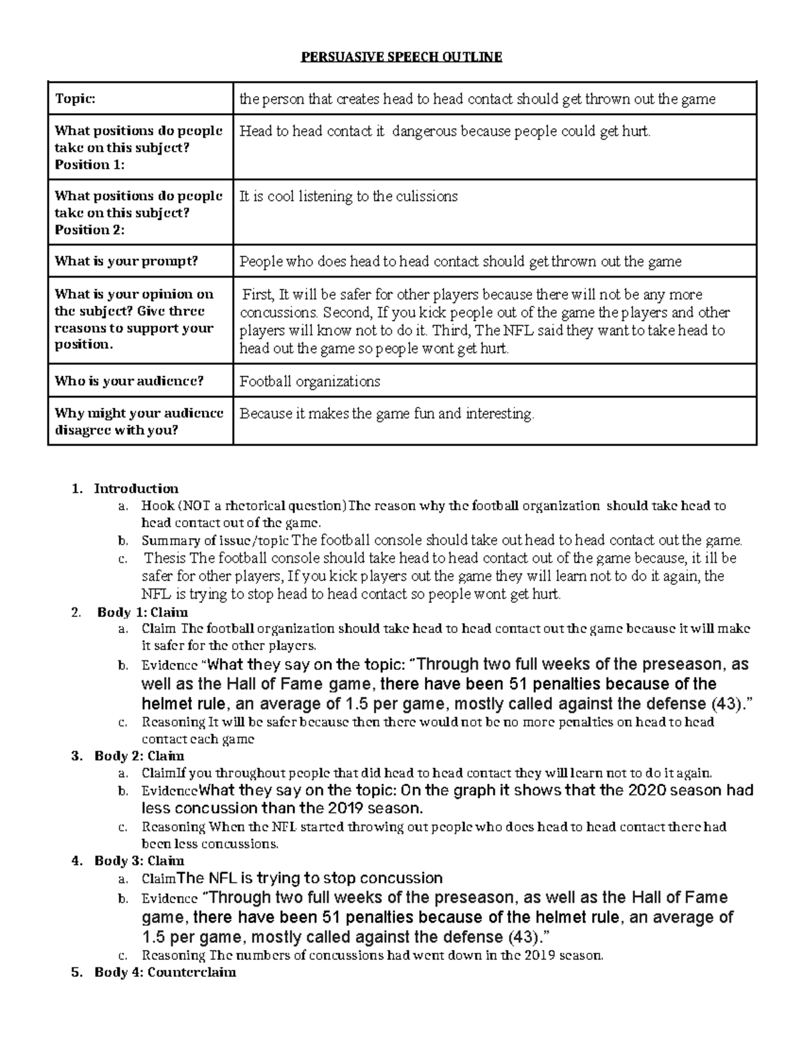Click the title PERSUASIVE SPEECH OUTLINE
[401, 57]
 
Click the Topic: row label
[75, 99]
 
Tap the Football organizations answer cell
[310, 382]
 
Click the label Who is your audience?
[128, 381]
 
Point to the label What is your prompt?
[126, 262]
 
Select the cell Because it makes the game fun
[387, 414]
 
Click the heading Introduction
[136, 488]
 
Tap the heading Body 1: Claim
[143, 612]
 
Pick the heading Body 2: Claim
[139, 756]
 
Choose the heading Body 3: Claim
[139, 861]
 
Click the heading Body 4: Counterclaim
[165, 973]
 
